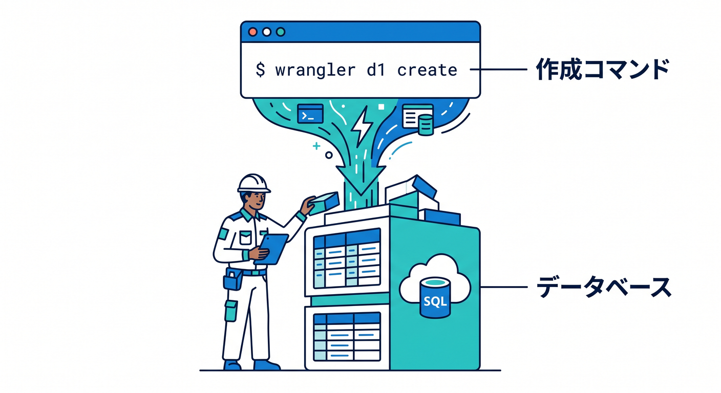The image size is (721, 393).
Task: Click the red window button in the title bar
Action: tap(252, 32)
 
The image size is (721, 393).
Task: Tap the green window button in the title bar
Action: tap(281, 32)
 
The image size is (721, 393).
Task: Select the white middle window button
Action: tap(266, 32)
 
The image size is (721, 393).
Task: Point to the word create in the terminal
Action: tap(427, 70)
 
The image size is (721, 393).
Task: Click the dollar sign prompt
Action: tap(261, 70)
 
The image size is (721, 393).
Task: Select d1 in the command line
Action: tap(376, 70)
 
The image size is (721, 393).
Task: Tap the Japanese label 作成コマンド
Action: tap(602, 69)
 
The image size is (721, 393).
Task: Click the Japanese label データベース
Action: tap(604, 287)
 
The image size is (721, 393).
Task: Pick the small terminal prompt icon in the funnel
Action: tap(310, 114)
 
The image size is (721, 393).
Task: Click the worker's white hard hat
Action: tap(254, 184)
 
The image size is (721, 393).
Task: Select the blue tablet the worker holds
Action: tap(271, 249)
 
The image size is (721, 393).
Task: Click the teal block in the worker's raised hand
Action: tap(323, 203)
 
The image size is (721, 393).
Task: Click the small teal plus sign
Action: tap(316, 146)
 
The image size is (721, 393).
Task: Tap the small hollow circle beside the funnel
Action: tap(329, 155)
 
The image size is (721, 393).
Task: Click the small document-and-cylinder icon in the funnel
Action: tap(418, 119)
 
